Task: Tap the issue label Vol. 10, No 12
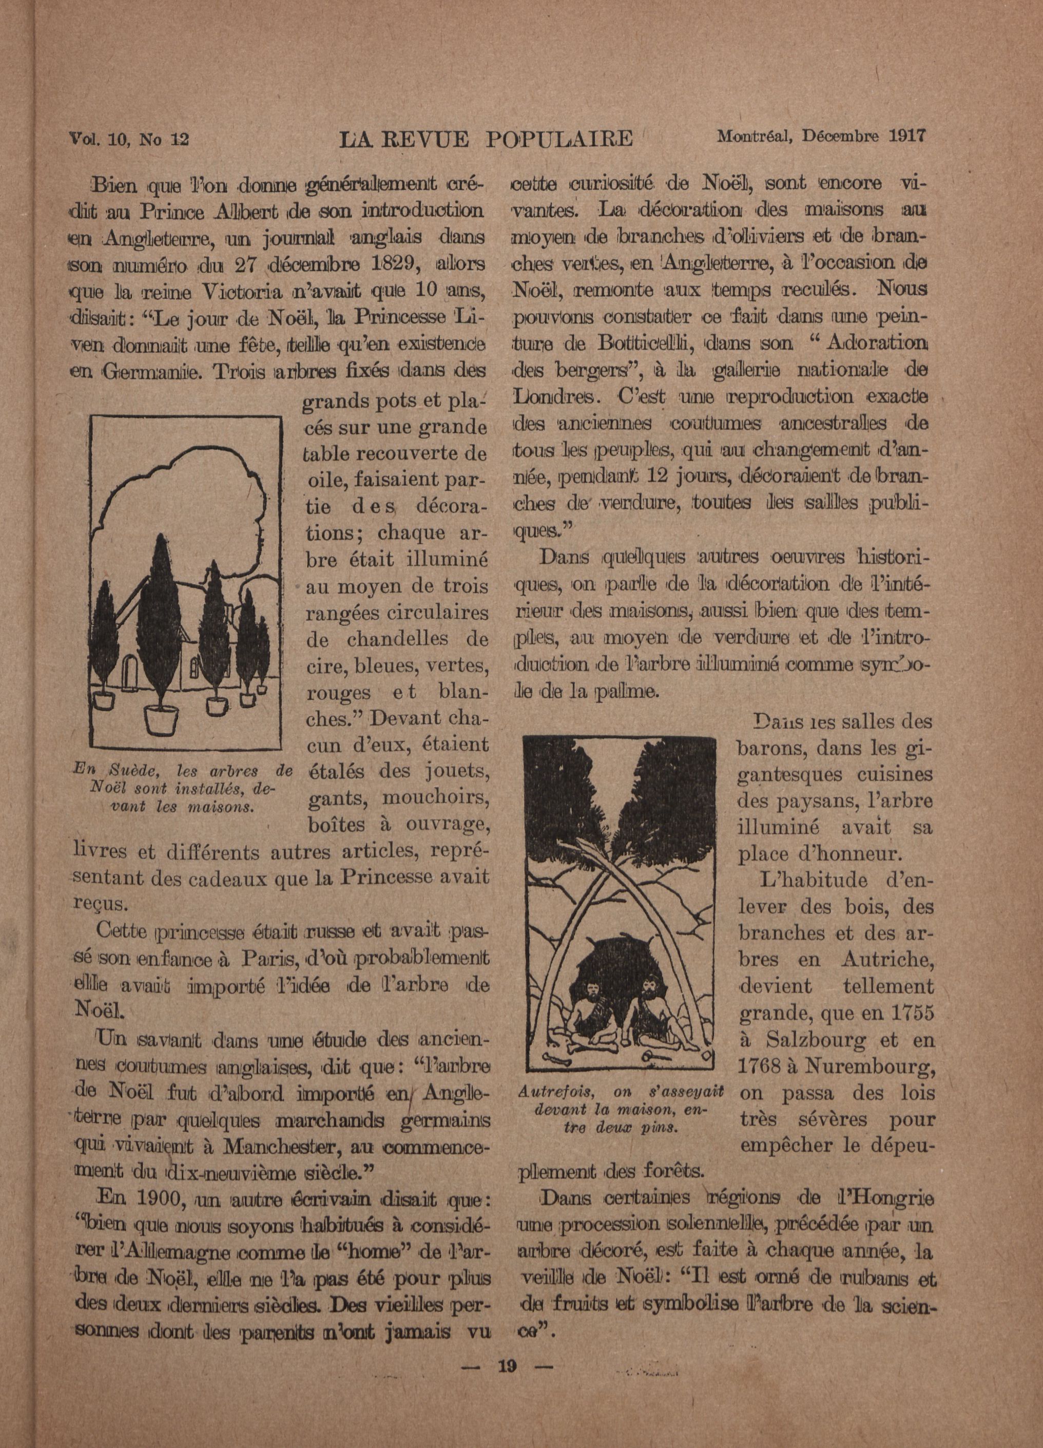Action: coord(128,139)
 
